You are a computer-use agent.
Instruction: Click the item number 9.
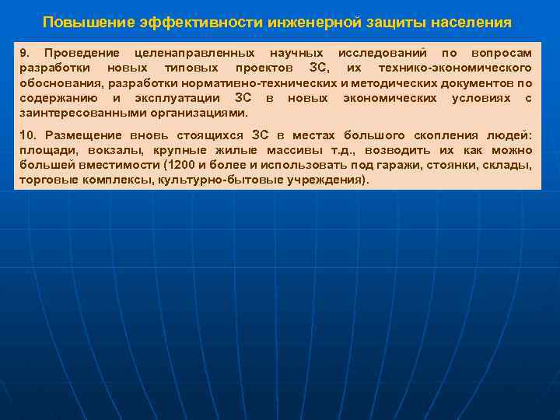coord(24,53)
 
